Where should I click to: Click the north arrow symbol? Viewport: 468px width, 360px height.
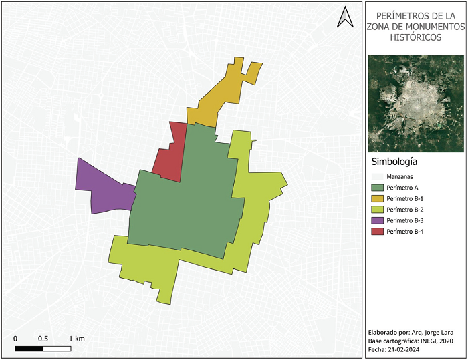(x=345, y=17)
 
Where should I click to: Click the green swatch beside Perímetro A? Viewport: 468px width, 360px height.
(x=376, y=188)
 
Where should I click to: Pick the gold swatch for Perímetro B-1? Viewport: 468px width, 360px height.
(x=376, y=198)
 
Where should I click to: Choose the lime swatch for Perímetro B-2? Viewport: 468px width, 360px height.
(x=376, y=210)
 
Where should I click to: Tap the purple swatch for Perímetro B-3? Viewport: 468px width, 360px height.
(x=376, y=220)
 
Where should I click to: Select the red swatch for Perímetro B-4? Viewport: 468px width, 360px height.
(x=376, y=232)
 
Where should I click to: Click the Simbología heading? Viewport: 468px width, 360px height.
(x=394, y=162)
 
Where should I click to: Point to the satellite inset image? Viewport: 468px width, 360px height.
(x=415, y=103)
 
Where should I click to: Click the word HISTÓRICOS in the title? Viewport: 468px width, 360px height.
(x=415, y=38)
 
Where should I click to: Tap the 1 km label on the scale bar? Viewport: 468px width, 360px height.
(x=76, y=339)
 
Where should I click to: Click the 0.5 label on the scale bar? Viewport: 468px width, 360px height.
(x=43, y=339)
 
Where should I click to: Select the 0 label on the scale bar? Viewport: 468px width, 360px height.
(x=15, y=339)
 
